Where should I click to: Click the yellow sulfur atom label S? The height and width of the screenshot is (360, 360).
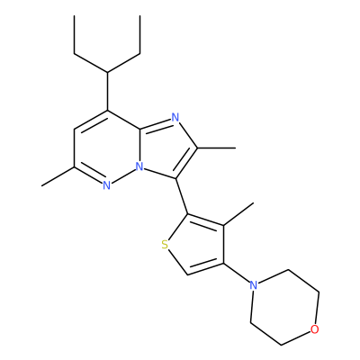click(165, 245)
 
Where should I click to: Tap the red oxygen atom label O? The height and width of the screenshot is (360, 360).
click(314, 329)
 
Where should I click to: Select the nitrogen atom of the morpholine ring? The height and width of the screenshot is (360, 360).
click(254, 285)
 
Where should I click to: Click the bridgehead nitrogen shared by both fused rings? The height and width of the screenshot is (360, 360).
click(139, 166)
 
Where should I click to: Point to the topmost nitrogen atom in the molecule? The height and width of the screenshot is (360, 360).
click(175, 117)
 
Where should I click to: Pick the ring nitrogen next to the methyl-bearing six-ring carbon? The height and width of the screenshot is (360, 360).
click(106, 186)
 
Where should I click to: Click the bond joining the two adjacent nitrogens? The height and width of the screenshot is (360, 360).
click(122, 176)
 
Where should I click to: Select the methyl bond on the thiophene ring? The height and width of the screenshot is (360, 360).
click(238, 214)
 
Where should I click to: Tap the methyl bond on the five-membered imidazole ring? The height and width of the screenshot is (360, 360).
click(216, 148)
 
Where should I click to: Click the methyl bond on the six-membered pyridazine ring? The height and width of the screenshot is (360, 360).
click(58, 176)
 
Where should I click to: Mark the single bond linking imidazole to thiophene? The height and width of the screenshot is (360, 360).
click(182, 196)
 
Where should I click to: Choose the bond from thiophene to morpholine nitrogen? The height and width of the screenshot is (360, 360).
click(237, 273)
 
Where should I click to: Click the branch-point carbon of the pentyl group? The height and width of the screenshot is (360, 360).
click(107, 72)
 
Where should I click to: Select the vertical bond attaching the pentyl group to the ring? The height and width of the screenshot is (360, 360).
click(107, 91)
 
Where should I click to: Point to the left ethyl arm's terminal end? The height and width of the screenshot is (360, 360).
click(75, 15)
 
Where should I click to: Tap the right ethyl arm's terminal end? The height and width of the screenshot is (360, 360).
click(140, 15)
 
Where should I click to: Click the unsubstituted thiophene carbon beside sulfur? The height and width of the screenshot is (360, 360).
click(187, 274)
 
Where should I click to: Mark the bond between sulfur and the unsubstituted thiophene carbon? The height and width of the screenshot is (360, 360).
click(177, 262)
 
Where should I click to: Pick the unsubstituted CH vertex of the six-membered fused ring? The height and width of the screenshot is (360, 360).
click(75, 130)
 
